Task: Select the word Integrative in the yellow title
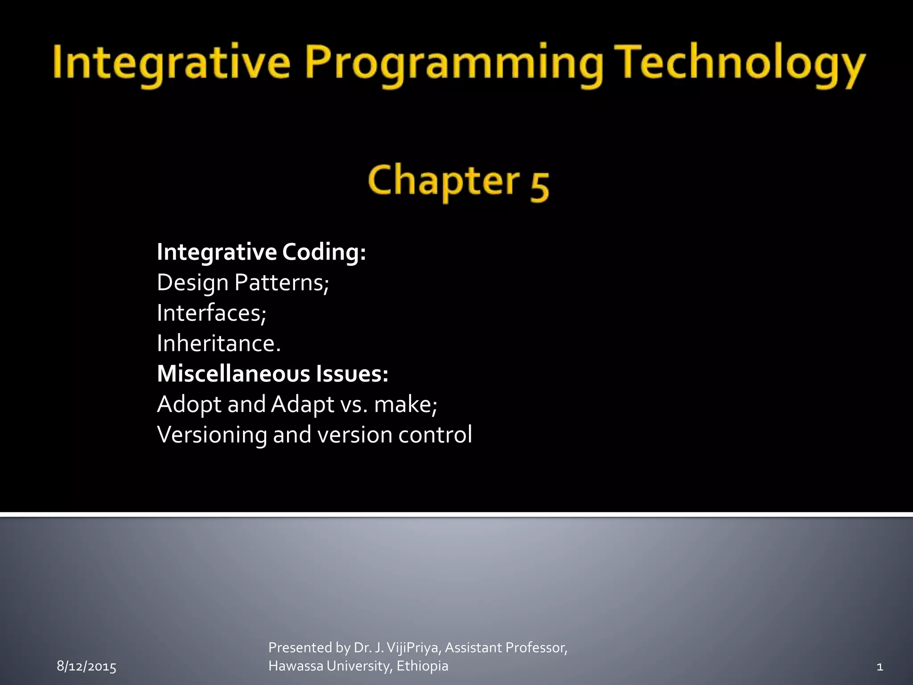tap(172, 63)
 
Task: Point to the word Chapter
tap(444, 181)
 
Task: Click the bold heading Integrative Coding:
tap(261, 252)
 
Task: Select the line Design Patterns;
tap(243, 283)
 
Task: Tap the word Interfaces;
tap(212, 313)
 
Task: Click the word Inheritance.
tap(219, 343)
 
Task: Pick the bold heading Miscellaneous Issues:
tap(272, 374)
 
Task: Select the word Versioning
tap(212, 435)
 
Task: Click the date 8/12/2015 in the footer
tap(86, 667)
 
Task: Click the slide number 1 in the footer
tap(880, 667)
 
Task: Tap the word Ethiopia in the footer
tap(422, 666)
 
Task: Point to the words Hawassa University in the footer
tap(330, 666)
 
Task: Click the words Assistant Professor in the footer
tap(506, 648)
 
